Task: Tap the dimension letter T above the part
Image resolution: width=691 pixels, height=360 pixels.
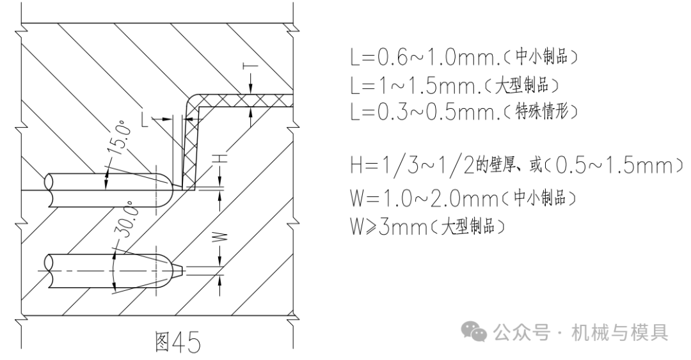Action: click(251, 66)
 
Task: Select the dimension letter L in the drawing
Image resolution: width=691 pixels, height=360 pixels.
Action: click(146, 119)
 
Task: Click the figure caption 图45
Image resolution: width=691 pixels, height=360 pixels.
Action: click(178, 341)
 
